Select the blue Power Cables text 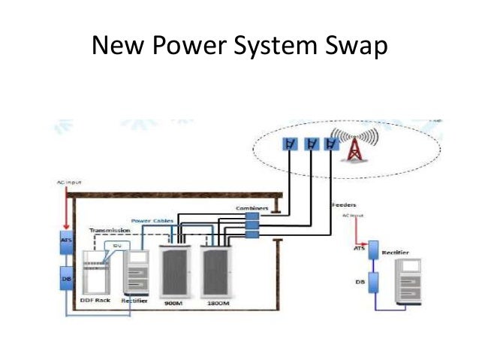tap(152, 220)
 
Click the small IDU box tap(116, 244)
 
